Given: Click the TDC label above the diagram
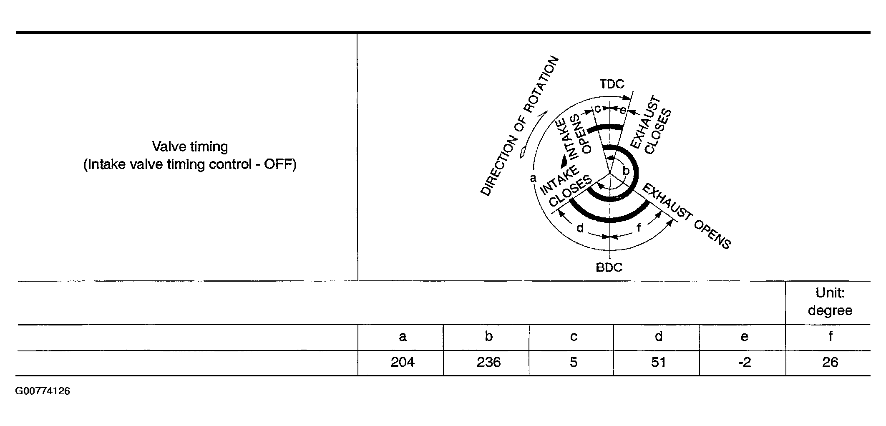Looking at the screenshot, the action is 612,84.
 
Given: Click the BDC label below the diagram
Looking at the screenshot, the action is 609,267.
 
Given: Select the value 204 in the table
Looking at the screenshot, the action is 403,362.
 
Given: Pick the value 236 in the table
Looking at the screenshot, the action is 488,362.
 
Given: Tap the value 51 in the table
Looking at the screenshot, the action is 658,362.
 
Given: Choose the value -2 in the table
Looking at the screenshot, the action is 744,362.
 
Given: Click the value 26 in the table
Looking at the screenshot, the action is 830,362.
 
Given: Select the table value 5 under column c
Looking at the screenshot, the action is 574,362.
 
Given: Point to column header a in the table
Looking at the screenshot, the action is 403,337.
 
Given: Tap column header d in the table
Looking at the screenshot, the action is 659,336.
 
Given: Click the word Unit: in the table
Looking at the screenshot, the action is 830,293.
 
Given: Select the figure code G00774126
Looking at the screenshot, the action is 43,391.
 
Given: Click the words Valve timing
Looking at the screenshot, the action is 190,147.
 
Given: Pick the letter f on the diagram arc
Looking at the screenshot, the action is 638,227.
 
